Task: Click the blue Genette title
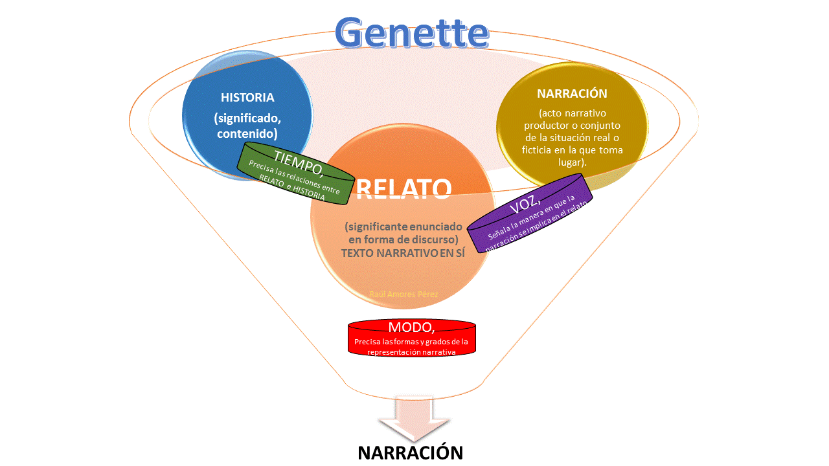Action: coord(412,32)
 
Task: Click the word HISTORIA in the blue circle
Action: coord(247,98)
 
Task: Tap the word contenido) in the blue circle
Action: coord(247,134)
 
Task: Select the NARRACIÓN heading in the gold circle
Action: coord(572,93)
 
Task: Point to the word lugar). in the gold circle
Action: coord(572,162)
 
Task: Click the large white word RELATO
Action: coord(403,188)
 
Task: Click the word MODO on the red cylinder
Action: coord(411,327)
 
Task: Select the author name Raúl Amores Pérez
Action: coord(403,294)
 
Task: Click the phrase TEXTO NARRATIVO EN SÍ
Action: coord(403,254)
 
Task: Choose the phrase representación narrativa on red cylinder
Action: coord(411,352)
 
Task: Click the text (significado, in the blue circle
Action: coord(247,120)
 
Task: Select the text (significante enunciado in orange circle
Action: coord(403,227)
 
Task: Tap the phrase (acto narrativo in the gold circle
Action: coord(572,113)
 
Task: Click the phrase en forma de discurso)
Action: coord(403,240)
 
